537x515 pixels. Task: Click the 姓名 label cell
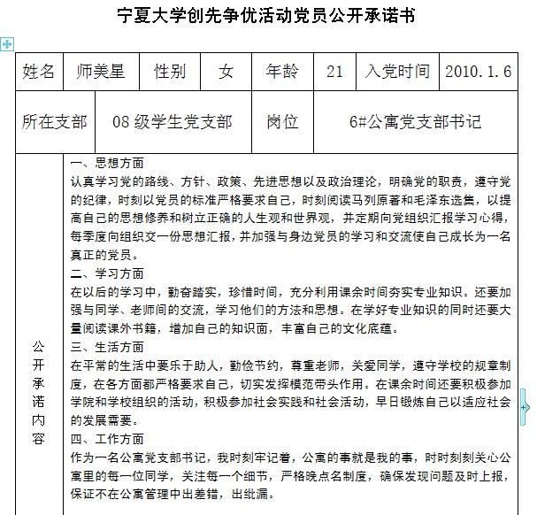(x=38, y=72)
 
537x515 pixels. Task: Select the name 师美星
(x=100, y=72)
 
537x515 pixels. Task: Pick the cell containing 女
(x=226, y=72)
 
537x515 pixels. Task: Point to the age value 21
(x=334, y=72)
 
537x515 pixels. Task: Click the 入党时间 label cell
(x=397, y=72)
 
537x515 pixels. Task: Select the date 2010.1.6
(x=479, y=72)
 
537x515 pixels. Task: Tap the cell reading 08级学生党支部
(x=173, y=121)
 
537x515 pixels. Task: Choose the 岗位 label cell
(x=283, y=121)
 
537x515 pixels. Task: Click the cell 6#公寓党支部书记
(x=415, y=121)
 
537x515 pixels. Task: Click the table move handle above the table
(x=7, y=43)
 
